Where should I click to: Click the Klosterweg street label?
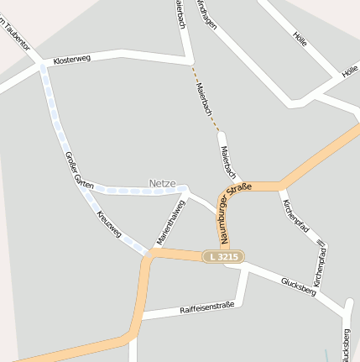[70, 61]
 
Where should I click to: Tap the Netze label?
[162, 182]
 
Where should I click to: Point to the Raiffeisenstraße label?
[206, 309]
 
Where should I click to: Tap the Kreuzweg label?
[109, 224]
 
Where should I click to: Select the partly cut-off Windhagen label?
[206, 15]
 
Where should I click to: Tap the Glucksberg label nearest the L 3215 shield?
[298, 286]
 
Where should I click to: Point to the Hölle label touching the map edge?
[350, 72]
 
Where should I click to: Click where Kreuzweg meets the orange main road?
[147, 254]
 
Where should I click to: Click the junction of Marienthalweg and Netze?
[185, 190]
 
